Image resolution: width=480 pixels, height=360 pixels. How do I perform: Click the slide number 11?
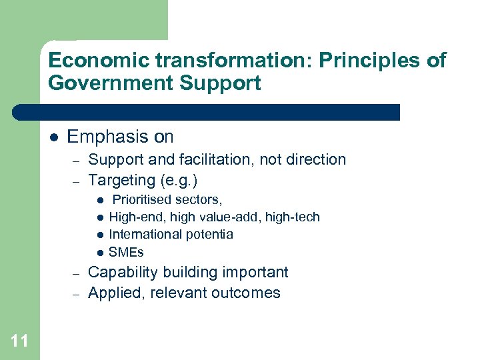(19, 341)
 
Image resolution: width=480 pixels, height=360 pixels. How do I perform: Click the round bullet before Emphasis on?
(54, 137)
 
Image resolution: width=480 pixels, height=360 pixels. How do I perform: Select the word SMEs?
(126, 252)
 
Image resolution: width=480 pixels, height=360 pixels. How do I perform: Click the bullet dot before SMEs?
(99, 253)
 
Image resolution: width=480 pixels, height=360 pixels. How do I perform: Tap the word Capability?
(121, 272)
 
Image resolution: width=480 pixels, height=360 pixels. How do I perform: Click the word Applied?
(111, 293)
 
